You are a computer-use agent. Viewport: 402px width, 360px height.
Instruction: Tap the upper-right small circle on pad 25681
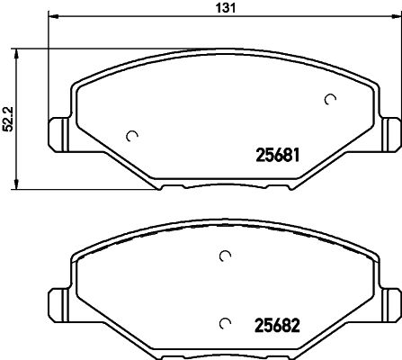point(330,99)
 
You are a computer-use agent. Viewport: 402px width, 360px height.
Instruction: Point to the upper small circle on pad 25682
point(225,257)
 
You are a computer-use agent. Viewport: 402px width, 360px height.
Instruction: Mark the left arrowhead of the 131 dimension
point(51,16)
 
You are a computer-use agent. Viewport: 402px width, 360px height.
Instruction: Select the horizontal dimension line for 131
point(135,16)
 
